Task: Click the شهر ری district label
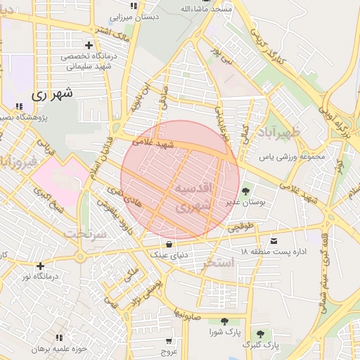(x=53, y=92)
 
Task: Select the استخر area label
(x=217, y=264)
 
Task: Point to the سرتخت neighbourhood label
(x=85, y=233)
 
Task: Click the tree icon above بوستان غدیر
(x=245, y=191)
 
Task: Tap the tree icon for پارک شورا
(x=224, y=321)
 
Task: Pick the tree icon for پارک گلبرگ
(x=261, y=333)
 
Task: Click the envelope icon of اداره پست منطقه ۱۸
(x=274, y=241)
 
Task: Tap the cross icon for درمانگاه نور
(x=41, y=266)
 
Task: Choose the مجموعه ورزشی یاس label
(x=292, y=157)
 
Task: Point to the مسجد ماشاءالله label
(x=205, y=8)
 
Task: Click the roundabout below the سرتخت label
(x=80, y=256)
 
